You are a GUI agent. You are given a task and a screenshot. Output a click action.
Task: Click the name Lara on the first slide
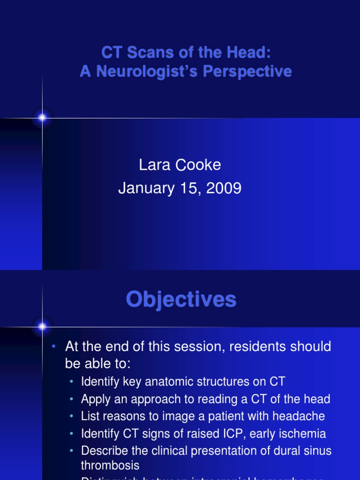[x=153, y=165]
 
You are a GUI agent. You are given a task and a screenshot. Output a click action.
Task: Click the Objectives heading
[x=181, y=300]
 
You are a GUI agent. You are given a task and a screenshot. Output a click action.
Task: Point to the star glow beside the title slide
[x=42, y=118]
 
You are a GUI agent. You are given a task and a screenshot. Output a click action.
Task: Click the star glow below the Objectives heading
[x=42, y=326]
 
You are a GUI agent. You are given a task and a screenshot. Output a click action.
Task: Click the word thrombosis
[x=110, y=465]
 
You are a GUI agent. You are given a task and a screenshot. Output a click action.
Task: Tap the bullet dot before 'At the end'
[x=54, y=347]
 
